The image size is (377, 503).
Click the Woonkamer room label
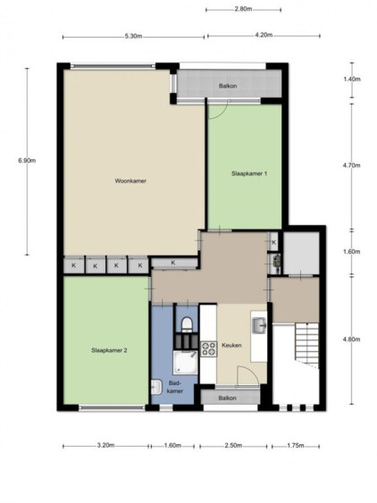[130, 181]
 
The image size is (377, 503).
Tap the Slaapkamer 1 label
[249, 173]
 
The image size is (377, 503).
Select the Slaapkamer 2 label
[109, 350]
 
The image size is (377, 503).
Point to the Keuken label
[231, 346]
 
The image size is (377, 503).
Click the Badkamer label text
[175, 387]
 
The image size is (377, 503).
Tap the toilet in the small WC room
[186, 323]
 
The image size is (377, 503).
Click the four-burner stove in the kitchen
[208, 349]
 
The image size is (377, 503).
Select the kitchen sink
[259, 325]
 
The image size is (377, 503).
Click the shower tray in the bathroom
[186, 363]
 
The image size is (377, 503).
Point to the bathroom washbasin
[156, 387]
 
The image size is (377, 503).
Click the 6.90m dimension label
[27, 161]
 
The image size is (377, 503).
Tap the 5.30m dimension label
[133, 36]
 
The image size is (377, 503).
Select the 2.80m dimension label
[243, 9]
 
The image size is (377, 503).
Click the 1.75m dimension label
[296, 445]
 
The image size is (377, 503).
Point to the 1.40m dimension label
[352, 80]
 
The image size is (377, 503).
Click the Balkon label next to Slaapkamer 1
[228, 86]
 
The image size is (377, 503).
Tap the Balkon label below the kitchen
[228, 398]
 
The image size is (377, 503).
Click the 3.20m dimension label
[106, 445]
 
